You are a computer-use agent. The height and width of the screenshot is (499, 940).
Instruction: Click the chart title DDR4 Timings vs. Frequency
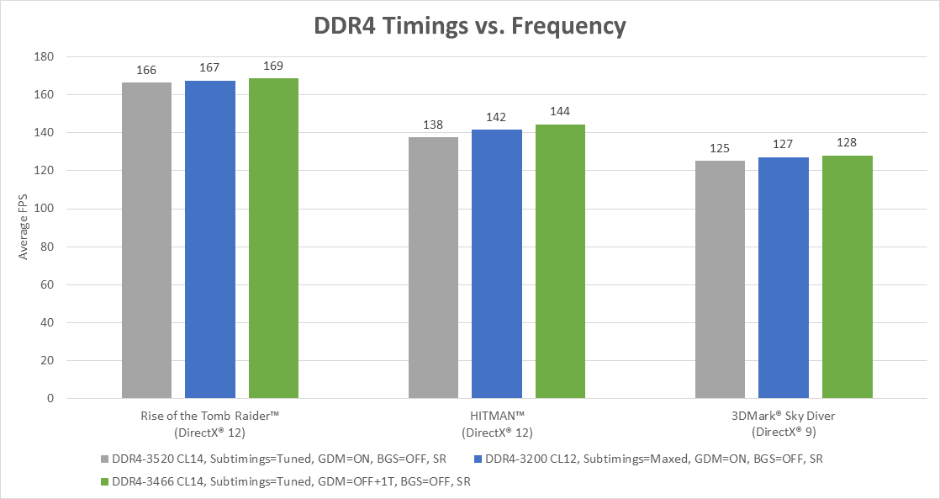(x=469, y=25)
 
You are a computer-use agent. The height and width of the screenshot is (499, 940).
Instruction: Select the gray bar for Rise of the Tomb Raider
(x=146, y=240)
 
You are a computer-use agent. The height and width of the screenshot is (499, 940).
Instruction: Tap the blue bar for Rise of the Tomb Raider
(x=210, y=239)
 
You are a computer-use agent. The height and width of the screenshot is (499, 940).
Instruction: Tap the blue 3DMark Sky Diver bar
(x=784, y=278)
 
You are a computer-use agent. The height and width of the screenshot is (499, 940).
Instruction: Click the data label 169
(x=273, y=65)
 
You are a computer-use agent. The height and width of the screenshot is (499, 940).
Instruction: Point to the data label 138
(x=433, y=124)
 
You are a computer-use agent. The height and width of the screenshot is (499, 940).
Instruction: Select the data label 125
(x=721, y=148)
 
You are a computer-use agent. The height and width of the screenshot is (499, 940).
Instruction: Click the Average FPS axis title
(x=24, y=228)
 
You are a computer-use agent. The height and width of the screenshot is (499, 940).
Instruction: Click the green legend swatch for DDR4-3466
(x=105, y=481)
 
